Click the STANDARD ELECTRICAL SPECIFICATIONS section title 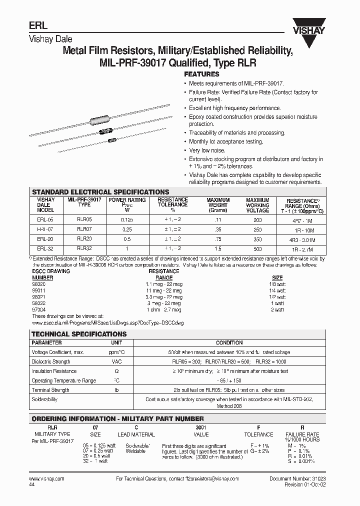point(100,192)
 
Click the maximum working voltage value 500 point(257,248)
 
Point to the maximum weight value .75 point(218,239)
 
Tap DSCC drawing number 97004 point(39,310)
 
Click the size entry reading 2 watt point(277,310)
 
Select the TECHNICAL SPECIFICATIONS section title point(79,333)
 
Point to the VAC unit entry point(116,361)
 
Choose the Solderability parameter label point(44,399)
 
